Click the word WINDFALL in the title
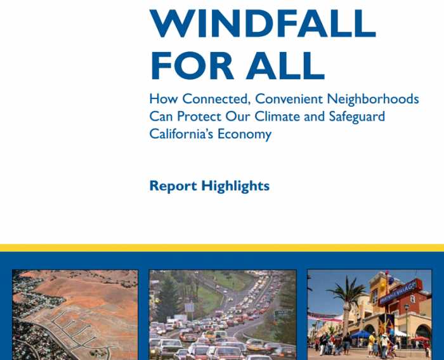(263, 23)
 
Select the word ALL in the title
(285, 66)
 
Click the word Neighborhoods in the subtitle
(373, 99)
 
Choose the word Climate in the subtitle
(277, 116)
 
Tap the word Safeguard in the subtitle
(356, 117)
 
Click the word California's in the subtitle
(181, 133)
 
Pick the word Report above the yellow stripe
(173, 186)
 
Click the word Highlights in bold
(235, 186)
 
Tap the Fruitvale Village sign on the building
(398, 291)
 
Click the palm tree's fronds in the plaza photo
(346, 293)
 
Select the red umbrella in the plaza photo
(420, 338)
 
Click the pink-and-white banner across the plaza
(325, 317)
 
